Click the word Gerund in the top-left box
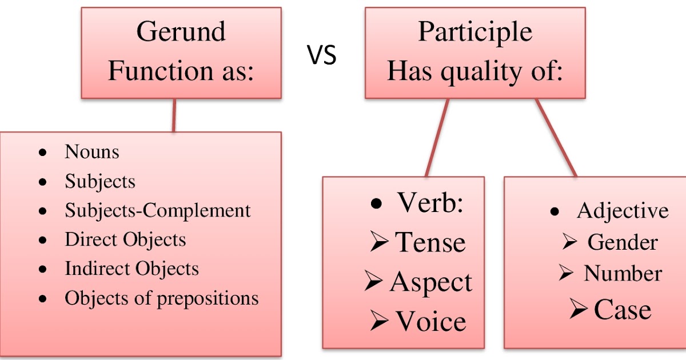pos(181,33)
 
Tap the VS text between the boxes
pos(322,55)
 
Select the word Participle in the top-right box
pos(475,32)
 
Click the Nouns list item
pos(92,152)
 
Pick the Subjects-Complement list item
pos(157,210)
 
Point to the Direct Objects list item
pos(125,239)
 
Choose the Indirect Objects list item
pos(131,269)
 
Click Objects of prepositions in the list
pos(161,298)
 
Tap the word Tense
pos(430,242)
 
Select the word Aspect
pos(431,282)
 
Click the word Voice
pos(430,321)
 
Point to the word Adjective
pos(622,211)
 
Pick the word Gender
pos(622,242)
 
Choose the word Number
pos(622,274)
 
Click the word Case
pos(622,310)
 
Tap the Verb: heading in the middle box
pos(429,203)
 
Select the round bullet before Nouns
pos(42,153)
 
